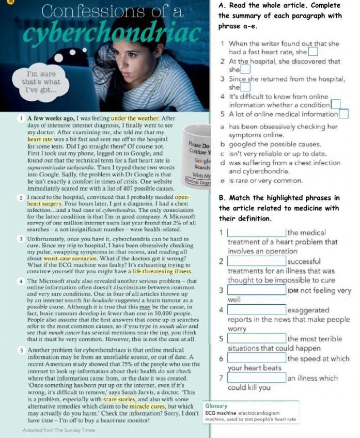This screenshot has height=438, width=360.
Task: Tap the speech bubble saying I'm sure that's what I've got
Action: pos(41,82)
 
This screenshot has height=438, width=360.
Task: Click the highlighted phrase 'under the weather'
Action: pos(136,119)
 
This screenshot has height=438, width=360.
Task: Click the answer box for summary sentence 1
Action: pos(314,52)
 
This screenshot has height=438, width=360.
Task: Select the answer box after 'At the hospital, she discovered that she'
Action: pos(246,69)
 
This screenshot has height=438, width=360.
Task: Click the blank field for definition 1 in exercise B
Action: pos(257,233)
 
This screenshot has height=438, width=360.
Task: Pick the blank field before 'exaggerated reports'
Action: pos(257,310)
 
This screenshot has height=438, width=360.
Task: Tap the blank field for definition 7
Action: pos(257,378)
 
